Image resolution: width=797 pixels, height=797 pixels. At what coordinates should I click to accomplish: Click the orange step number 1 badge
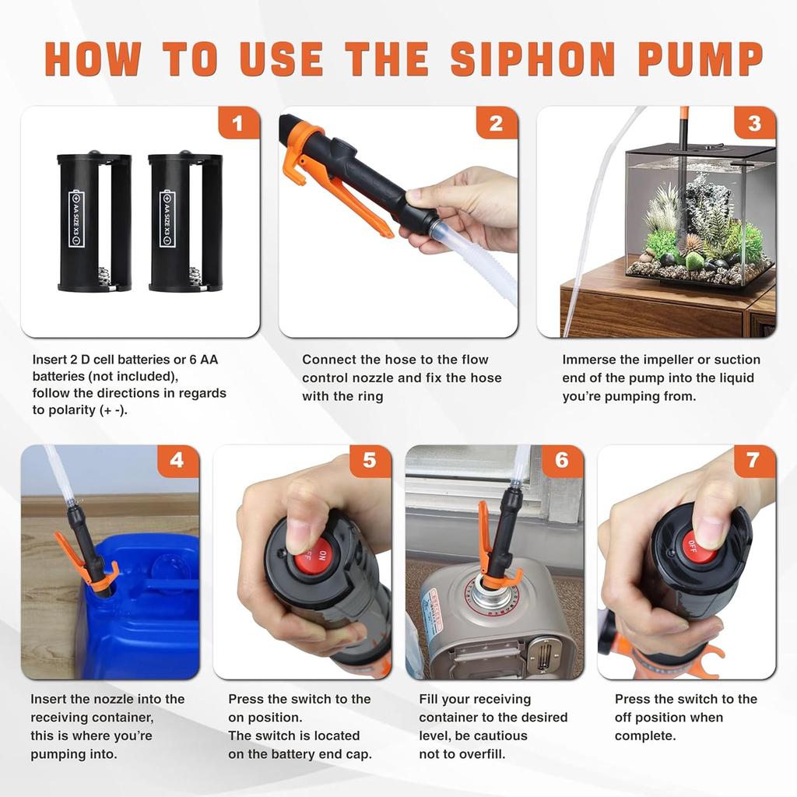(238, 123)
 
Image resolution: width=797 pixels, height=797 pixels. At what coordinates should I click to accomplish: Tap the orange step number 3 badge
(754, 123)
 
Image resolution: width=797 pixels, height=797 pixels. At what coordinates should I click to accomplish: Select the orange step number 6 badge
(561, 461)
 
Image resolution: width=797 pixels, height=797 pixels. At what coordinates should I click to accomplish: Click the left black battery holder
(94, 221)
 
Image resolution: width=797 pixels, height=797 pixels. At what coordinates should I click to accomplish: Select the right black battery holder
(184, 221)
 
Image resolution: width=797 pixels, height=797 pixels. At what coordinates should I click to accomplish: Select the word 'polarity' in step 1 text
(68, 410)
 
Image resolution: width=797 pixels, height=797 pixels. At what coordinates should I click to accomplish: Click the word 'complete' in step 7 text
(645, 736)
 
